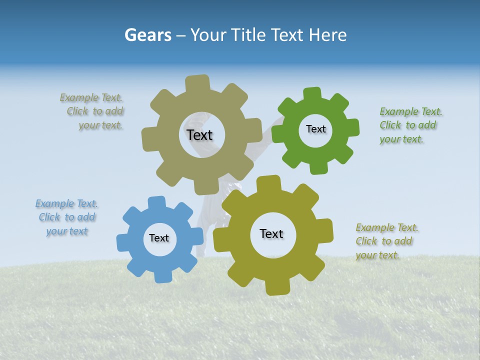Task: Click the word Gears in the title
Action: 148,35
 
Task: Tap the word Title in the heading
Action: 250,35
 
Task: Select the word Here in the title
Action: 328,35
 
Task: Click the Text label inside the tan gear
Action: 199,135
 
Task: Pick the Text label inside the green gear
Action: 315,129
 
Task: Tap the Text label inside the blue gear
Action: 159,238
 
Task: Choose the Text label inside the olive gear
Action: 271,233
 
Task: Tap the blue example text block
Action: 66,217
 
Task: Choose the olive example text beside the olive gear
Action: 385,241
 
